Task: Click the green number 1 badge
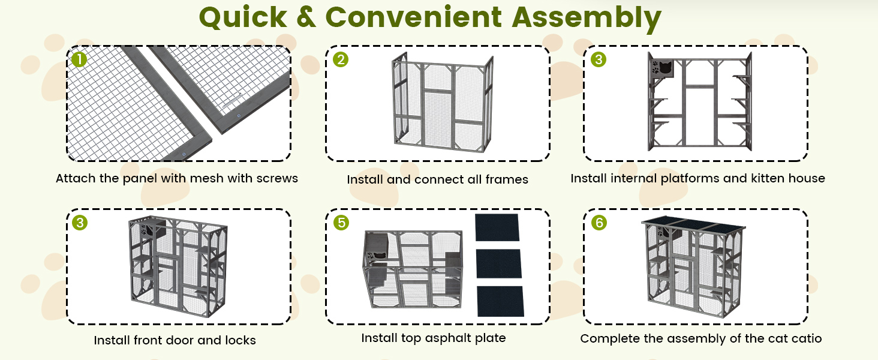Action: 79,59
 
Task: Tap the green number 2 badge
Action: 340,59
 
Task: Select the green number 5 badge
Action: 341,223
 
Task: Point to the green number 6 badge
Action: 599,223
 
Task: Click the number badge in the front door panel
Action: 79,223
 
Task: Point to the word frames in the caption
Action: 507,179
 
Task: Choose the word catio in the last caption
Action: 806,338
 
